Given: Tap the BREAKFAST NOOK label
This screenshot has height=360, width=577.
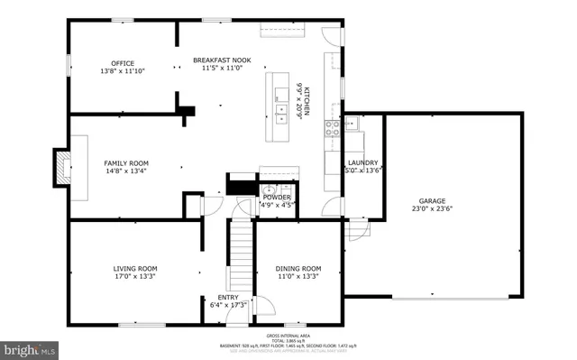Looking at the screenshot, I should tap(222, 60).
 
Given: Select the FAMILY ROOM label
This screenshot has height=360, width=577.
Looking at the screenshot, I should tap(125, 163).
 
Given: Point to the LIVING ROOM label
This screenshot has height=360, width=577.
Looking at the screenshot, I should tap(135, 268).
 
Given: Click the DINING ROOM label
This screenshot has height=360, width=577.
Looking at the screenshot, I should tap(298, 268).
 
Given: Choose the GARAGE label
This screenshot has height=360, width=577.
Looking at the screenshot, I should tap(432, 201).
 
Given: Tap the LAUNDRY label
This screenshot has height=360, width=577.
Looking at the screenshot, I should tap(362, 162).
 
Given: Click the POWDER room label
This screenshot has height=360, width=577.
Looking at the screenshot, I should tap(277, 197).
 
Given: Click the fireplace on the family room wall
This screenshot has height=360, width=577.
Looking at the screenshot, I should tap(62, 167).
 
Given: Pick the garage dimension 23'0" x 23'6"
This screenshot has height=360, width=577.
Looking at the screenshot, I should tap(432, 209).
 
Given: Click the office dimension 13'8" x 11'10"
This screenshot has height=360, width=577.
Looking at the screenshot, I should tap(122, 70).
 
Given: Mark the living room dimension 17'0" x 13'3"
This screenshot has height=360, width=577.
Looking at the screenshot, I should tap(135, 276).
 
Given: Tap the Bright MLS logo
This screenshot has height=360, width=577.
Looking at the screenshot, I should tap(30, 347).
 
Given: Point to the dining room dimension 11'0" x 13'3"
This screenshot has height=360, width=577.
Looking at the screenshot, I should tap(298, 276).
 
